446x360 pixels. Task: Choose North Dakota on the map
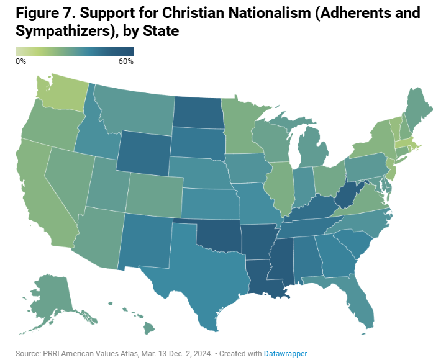[x=198, y=112]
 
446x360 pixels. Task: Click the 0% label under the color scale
[x=20, y=61]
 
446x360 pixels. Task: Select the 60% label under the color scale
[x=125, y=61]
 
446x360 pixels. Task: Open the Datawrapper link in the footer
[x=285, y=353]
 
